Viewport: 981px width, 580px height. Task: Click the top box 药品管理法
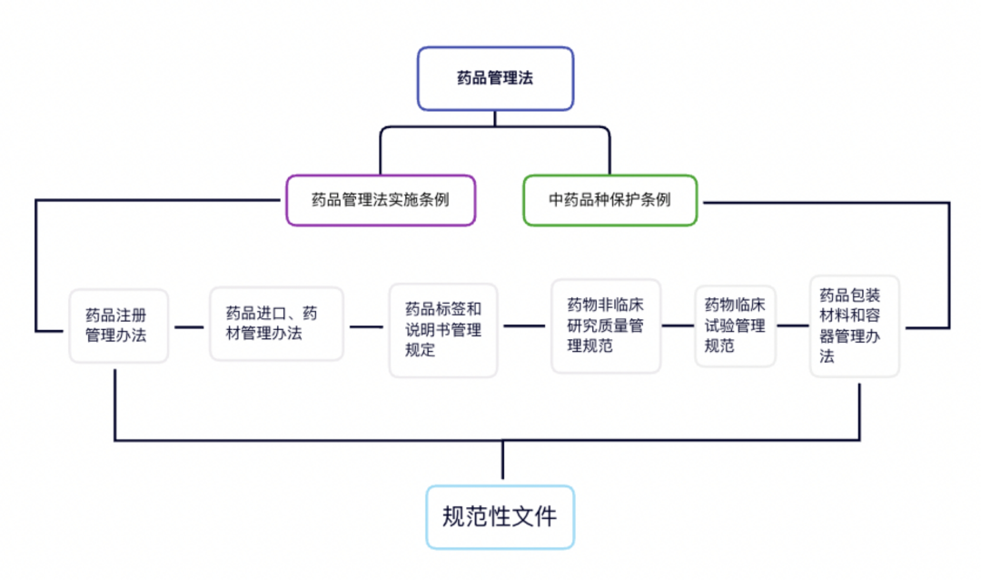(495, 78)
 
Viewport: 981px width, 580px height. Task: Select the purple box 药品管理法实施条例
(380, 199)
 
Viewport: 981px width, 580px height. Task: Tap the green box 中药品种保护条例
(610, 199)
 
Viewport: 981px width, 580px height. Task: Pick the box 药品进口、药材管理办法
(277, 324)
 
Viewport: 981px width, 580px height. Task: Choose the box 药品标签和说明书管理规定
(443, 329)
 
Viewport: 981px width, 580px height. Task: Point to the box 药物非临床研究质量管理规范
(606, 325)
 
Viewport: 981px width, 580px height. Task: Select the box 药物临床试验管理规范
(736, 325)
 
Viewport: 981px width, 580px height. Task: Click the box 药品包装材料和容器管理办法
(855, 325)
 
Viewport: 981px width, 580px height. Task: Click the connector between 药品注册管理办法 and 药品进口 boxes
(189, 326)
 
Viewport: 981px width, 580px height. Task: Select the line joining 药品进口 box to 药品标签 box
(366, 326)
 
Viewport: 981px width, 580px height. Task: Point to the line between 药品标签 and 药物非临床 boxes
(524, 325)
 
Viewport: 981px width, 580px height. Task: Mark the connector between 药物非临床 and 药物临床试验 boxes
(678, 325)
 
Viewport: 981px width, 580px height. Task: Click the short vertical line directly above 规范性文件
(501, 461)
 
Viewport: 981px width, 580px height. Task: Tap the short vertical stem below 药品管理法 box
(495, 117)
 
